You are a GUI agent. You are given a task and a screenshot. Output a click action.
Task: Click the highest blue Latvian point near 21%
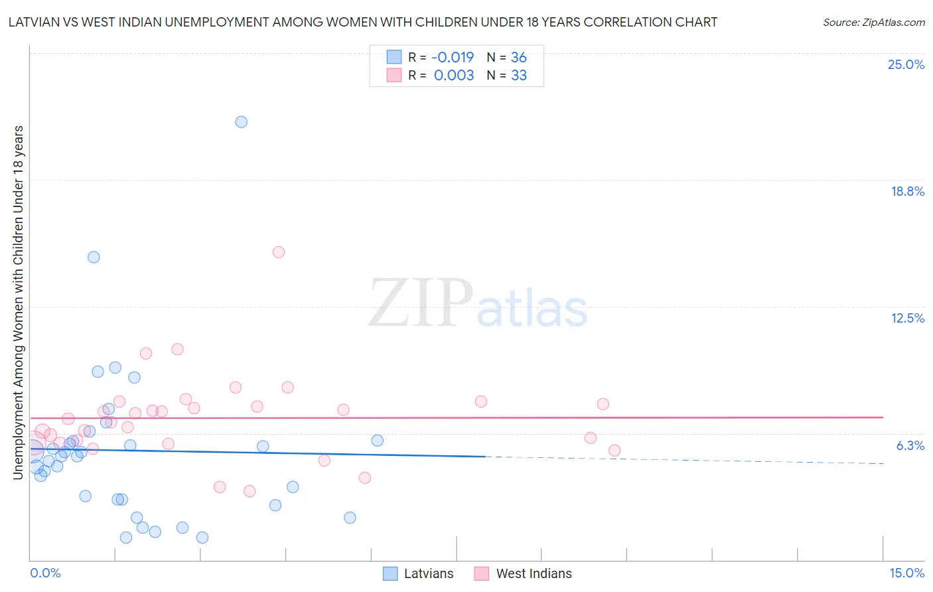click(x=242, y=122)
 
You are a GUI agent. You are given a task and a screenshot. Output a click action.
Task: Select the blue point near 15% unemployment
click(x=94, y=257)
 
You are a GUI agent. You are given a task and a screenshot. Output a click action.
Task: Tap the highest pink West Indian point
click(x=279, y=252)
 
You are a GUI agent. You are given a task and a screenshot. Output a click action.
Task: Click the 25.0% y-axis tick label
click(x=906, y=65)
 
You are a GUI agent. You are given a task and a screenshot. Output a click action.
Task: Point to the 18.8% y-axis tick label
click(x=907, y=192)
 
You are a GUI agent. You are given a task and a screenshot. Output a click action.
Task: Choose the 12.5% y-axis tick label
click(x=907, y=319)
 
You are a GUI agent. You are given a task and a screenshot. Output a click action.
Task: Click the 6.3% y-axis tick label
click(x=910, y=446)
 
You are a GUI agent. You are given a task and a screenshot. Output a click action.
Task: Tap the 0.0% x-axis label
click(x=45, y=573)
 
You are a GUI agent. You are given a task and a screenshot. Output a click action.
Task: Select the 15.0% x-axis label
click(x=906, y=573)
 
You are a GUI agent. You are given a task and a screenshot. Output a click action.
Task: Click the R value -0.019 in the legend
click(x=453, y=58)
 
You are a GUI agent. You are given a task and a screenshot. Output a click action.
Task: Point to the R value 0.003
click(x=454, y=76)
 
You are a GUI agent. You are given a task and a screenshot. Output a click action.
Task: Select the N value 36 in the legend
click(x=519, y=58)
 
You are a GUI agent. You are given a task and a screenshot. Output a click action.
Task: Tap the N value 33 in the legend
click(x=519, y=76)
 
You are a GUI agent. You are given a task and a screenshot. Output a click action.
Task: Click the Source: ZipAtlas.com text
click(x=873, y=23)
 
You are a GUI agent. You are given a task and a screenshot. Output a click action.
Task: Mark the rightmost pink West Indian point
click(x=614, y=451)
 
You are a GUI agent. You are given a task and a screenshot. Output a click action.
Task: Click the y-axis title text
click(x=18, y=302)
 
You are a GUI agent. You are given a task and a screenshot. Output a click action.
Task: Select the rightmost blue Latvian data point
click(x=377, y=441)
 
